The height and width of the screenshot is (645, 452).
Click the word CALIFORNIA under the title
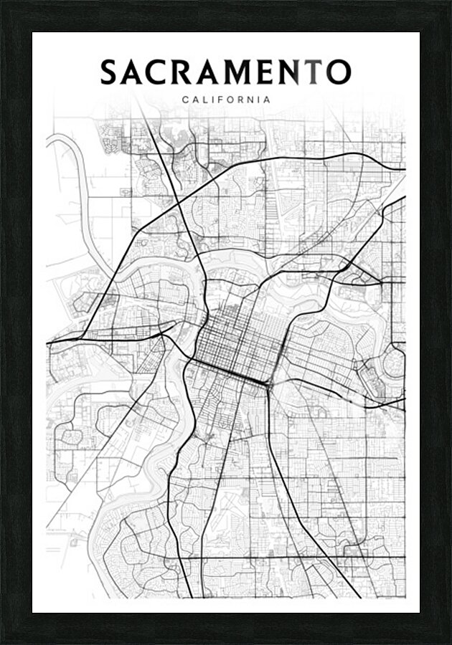[x=226, y=100]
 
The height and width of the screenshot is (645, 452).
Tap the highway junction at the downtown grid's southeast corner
[x=268, y=387]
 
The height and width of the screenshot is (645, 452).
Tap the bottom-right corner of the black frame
[x=449, y=642]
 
